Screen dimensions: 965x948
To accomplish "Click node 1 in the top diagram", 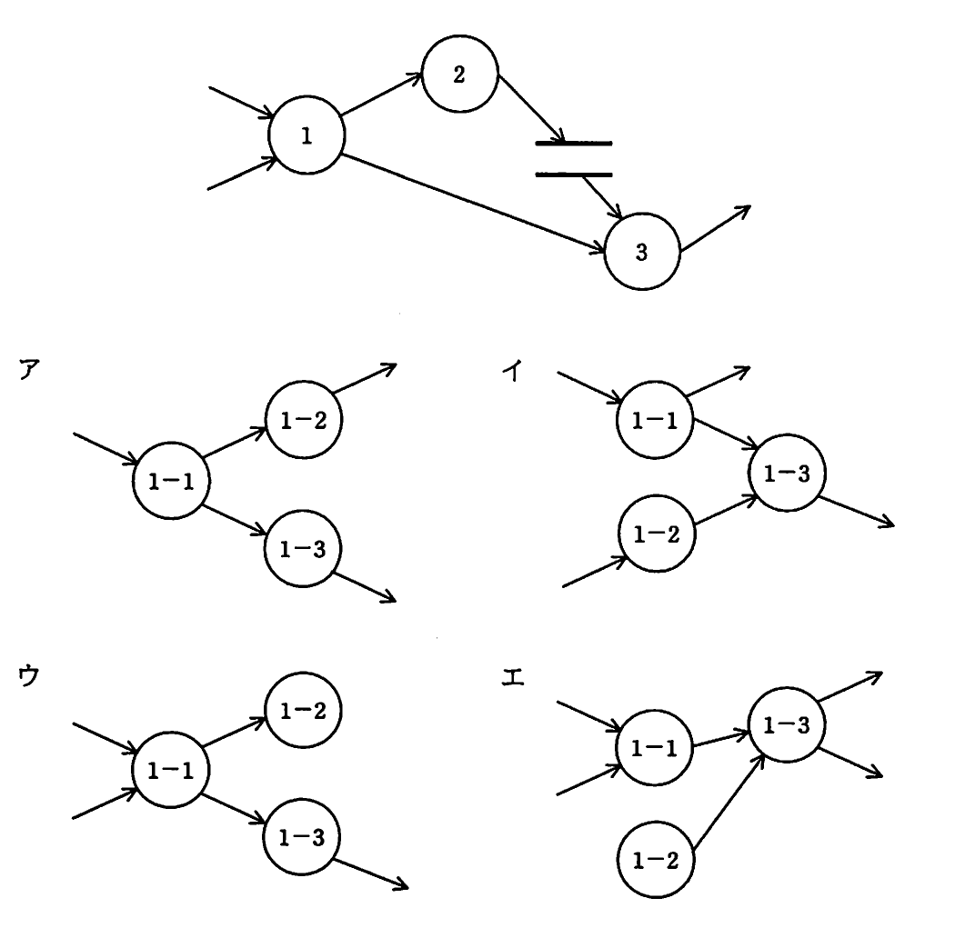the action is pos(307,135).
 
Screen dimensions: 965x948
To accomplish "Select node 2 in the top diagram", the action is pos(459,74).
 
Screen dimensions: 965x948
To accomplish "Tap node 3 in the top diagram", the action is pos(642,251).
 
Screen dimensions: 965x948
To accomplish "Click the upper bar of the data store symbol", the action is pos(574,144).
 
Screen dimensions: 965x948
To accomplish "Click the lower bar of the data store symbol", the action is pos(574,175).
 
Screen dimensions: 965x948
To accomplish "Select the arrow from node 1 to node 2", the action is pos(382,95).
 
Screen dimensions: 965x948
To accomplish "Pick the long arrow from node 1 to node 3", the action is pos(474,203).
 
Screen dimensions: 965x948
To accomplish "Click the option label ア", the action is pos(29,369).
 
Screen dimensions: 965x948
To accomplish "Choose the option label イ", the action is pos(512,370).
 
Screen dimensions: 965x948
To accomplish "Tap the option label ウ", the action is pos(29,675).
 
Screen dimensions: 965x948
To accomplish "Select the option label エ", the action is pos(513,678).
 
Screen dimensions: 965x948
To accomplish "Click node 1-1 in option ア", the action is pos(171,481).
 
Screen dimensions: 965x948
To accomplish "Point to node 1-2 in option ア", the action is pos(304,420).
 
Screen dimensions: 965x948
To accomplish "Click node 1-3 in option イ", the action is pos(787,473).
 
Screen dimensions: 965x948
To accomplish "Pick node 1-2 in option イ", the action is pos(657,534).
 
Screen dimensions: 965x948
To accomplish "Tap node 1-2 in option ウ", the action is pos(303,711).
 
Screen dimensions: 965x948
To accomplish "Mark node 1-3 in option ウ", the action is pos(302,836).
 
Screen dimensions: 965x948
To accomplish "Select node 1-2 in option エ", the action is pos(656,860).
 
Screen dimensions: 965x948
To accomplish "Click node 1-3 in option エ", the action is pos(787,724).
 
